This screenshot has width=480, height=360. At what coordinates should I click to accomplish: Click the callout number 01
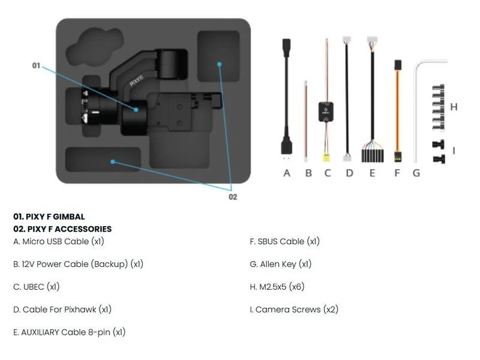point(36,65)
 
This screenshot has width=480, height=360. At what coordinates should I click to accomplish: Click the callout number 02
point(233,197)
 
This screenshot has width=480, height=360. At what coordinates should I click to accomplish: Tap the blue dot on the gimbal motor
point(136,110)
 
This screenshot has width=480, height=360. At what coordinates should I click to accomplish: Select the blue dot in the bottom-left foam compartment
point(113,161)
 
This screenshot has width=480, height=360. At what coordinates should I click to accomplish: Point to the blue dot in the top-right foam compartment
point(219,64)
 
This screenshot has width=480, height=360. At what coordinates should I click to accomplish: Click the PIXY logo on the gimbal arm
point(137,80)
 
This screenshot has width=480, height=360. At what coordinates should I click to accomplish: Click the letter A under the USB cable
point(287,173)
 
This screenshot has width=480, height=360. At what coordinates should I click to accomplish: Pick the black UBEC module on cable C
point(326,112)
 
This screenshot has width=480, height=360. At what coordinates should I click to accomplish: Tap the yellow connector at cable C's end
point(326,158)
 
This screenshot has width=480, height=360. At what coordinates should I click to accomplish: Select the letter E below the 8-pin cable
point(372,173)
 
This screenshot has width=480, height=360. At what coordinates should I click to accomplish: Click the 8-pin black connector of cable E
point(372,156)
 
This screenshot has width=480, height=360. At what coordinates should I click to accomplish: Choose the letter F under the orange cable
point(397,173)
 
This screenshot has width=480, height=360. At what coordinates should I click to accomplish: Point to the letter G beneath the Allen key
point(416,173)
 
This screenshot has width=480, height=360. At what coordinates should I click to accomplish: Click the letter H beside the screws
point(454,107)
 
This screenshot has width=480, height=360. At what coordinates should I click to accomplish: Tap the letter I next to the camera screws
point(454,151)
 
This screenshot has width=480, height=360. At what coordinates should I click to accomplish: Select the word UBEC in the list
point(34,287)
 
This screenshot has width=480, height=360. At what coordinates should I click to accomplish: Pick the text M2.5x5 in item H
point(273,287)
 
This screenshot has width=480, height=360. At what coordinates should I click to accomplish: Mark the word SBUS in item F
point(267,242)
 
